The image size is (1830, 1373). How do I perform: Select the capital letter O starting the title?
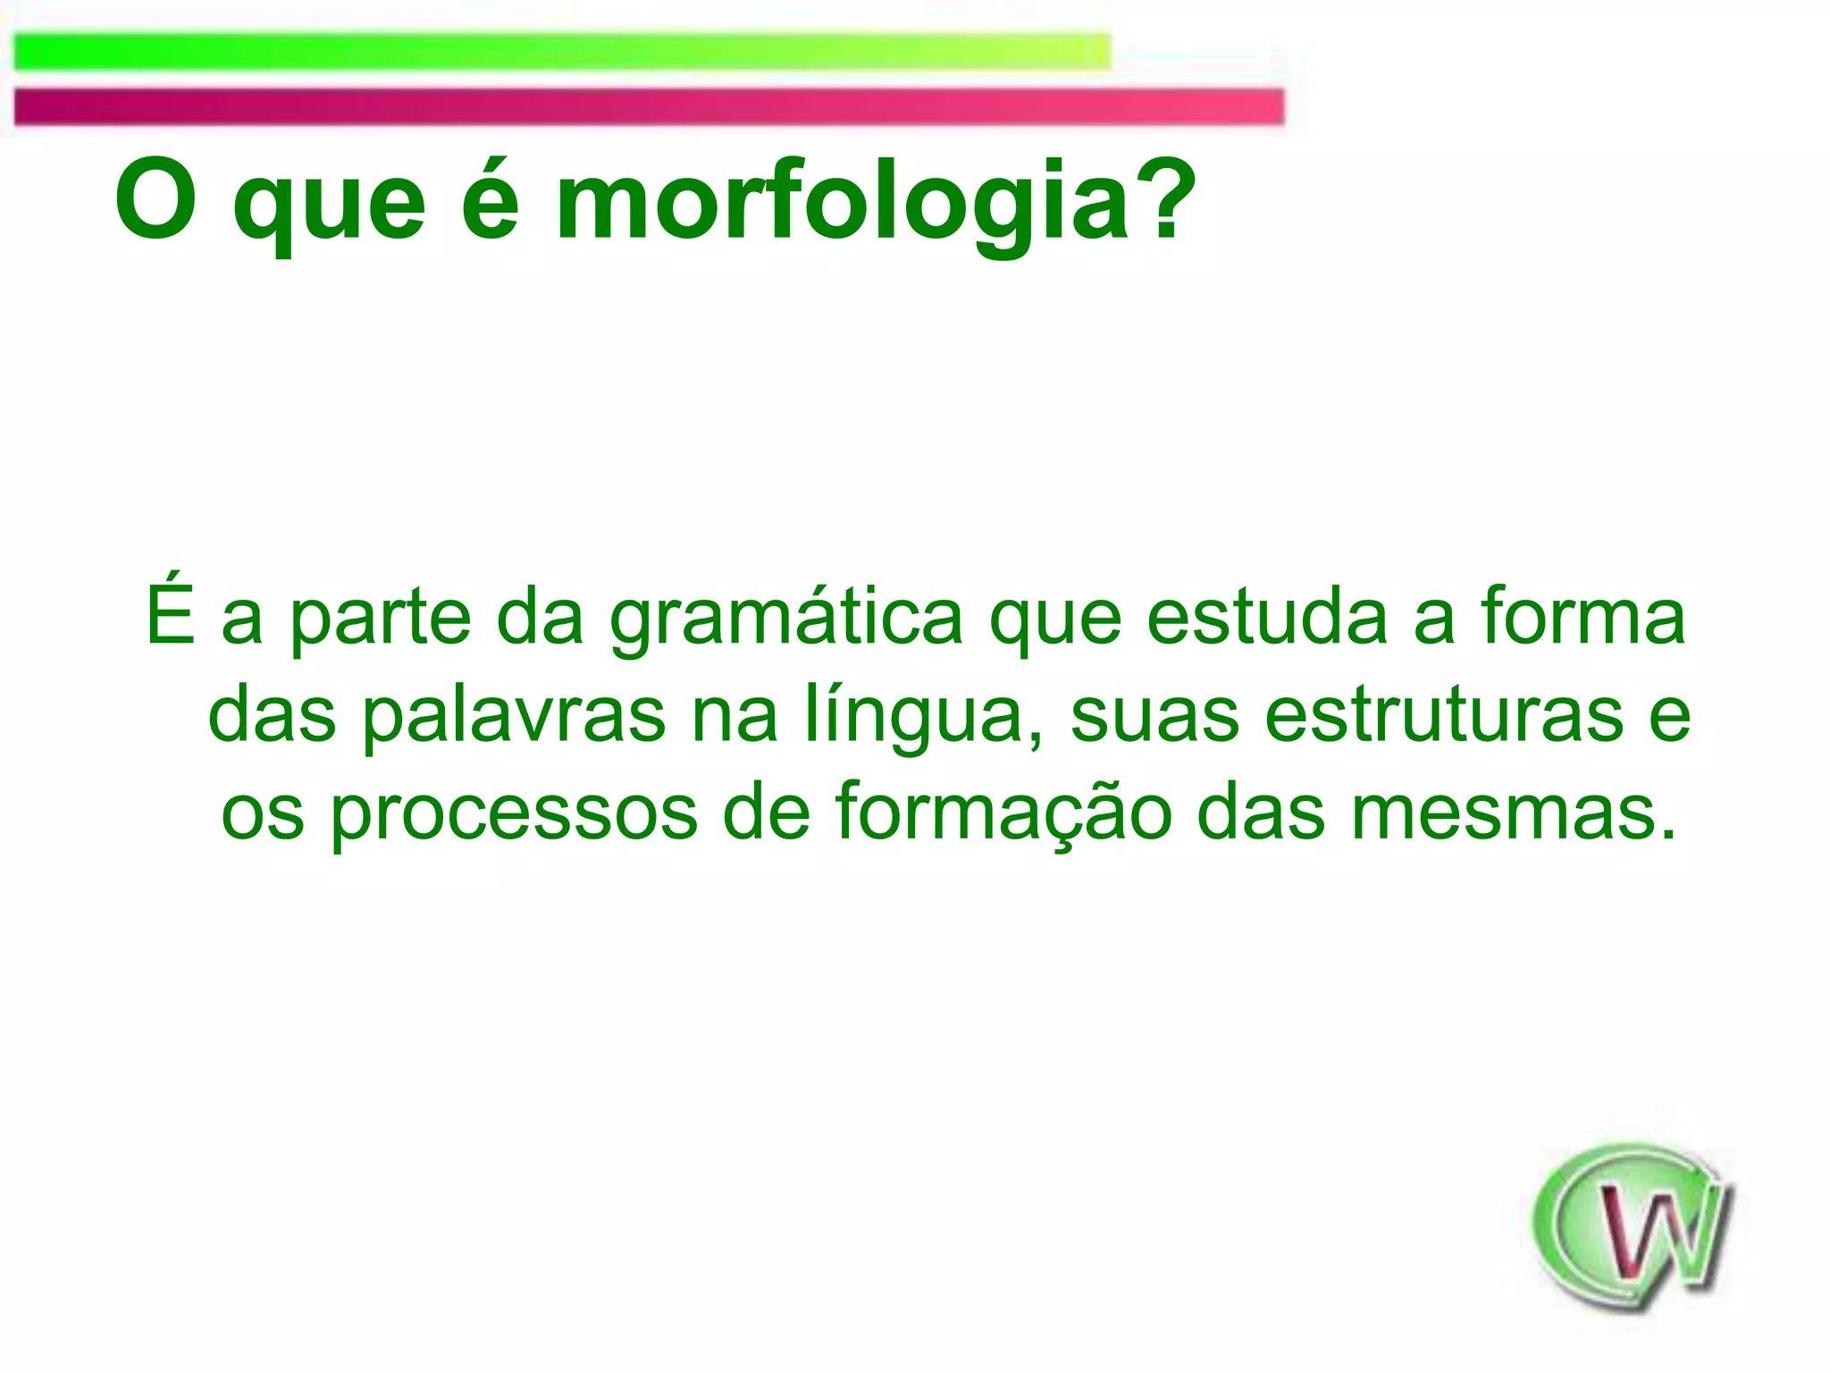[155, 199]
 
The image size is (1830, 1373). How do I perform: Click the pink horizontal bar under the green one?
[649, 106]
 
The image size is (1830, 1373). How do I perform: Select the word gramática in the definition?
[786, 619]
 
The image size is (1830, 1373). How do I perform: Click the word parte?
[380, 619]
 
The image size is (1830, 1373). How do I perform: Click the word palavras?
[513, 717]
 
